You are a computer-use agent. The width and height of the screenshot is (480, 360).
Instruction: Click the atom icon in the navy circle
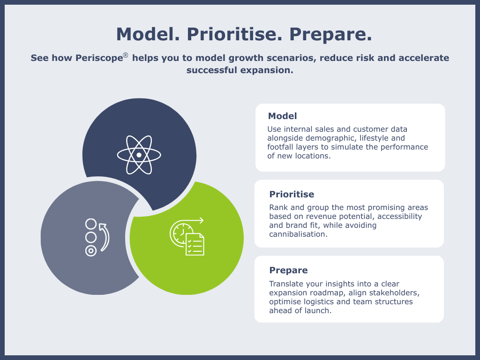(139, 154)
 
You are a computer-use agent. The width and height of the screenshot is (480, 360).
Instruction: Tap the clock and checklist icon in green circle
(187, 237)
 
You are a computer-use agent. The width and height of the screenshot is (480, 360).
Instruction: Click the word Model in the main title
(149, 34)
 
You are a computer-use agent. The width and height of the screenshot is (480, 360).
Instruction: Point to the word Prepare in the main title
(330, 34)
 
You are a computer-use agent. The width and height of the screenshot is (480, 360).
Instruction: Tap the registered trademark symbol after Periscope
(126, 55)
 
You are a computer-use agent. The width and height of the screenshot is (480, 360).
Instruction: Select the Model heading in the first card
(282, 116)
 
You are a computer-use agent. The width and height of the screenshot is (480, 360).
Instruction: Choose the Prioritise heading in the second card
(292, 194)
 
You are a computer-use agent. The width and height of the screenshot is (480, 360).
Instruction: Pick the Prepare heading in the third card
(288, 270)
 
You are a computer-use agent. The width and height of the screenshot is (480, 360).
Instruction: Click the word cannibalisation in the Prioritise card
(297, 234)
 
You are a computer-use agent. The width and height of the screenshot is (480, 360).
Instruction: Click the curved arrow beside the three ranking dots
(105, 237)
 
